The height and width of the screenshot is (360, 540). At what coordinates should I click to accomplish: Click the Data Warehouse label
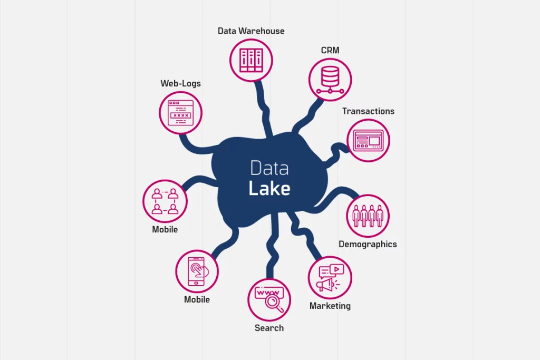tap(251, 31)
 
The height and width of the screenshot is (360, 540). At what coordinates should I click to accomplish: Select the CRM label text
tap(330, 51)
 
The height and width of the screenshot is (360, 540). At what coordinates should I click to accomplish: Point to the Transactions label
tap(368, 111)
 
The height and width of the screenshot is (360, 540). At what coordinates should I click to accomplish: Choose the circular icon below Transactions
tap(368, 141)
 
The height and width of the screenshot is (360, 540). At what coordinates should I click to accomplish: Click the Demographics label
tap(368, 244)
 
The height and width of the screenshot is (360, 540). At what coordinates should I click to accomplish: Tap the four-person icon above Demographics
tap(368, 216)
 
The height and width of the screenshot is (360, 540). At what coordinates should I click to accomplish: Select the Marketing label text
tap(330, 306)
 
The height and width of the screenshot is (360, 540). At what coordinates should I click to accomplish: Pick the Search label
tap(269, 328)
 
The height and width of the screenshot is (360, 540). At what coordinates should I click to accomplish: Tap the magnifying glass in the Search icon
tap(274, 303)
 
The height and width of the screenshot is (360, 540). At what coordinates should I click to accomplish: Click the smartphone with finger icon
tap(197, 271)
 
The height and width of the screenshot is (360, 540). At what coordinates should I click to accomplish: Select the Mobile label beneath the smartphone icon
tap(197, 299)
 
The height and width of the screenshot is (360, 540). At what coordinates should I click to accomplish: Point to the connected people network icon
tap(165, 201)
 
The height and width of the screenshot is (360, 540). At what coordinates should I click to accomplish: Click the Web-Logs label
tap(180, 83)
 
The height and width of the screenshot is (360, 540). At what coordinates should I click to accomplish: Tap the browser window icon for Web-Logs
tap(181, 113)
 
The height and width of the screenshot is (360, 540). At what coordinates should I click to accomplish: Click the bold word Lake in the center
tap(269, 189)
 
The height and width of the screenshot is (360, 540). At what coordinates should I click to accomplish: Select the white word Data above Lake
tap(269, 168)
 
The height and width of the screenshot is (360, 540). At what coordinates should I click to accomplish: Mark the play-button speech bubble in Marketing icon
tap(336, 269)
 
